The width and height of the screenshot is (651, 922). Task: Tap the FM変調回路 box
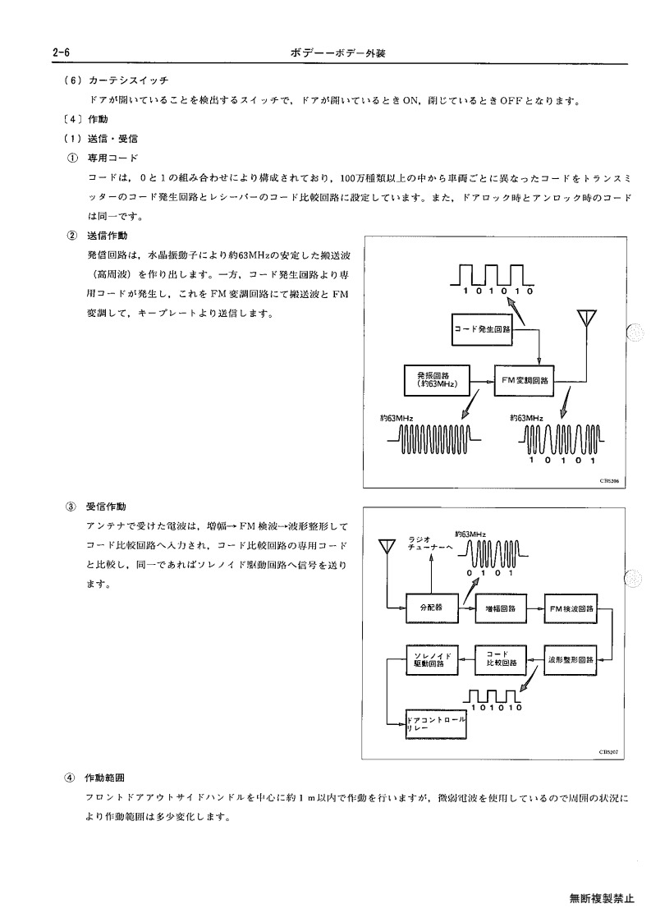(x=524, y=380)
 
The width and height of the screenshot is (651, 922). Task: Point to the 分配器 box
(x=433, y=608)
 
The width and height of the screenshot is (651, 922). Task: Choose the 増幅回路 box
(x=501, y=608)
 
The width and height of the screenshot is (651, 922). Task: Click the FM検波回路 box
(x=570, y=608)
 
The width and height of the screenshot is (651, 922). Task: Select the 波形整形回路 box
(x=570, y=659)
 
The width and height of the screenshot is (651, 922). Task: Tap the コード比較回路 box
(x=501, y=659)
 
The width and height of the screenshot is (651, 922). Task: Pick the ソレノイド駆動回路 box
(x=433, y=659)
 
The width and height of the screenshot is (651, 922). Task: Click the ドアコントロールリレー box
(x=436, y=724)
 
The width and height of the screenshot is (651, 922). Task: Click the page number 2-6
(x=62, y=53)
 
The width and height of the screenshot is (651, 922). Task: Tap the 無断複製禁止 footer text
(x=602, y=898)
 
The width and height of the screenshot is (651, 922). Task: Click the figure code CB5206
(x=608, y=480)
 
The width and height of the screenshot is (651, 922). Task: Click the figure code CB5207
(x=608, y=751)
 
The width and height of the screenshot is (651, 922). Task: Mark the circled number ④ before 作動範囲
(x=70, y=778)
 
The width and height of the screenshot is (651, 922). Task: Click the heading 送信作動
(x=107, y=236)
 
